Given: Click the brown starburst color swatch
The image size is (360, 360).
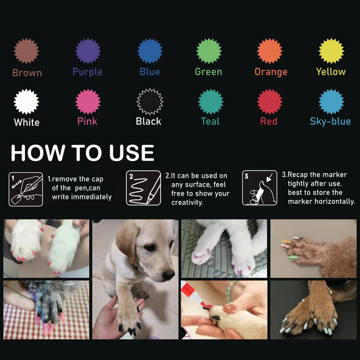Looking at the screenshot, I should (x=26, y=51).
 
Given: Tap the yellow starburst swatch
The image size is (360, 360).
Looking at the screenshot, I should (x=331, y=51).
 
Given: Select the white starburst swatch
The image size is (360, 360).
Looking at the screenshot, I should (x=26, y=102).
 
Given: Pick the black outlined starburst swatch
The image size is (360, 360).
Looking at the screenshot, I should (x=150, y=102).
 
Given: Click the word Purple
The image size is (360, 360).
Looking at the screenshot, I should (x=87, y=72).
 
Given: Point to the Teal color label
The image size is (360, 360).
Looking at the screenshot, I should (x=210, y=121).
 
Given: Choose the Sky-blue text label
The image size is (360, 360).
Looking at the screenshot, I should (x=330, y=121).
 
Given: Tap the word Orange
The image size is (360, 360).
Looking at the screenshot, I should (x=271, y=72).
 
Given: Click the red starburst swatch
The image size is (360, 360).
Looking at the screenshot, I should (x=270, y=102).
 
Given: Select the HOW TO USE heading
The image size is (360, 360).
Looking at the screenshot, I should (x=82, y=153).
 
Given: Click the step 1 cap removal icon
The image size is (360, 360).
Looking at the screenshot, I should (x=26, y=188).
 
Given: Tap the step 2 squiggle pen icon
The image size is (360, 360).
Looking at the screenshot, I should (x=143, y=188).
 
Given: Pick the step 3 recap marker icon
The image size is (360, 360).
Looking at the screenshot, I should (x=260, y=188).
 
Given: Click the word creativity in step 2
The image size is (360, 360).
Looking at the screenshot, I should (x=187, y=202).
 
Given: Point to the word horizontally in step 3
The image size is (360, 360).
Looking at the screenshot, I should (x=334, y=202).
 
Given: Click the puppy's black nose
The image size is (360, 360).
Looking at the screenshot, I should (x=168, y=275).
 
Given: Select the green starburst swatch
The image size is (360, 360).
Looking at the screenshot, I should (x=208, y=51).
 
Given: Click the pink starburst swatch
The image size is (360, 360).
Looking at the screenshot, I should (x=88, y=102).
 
